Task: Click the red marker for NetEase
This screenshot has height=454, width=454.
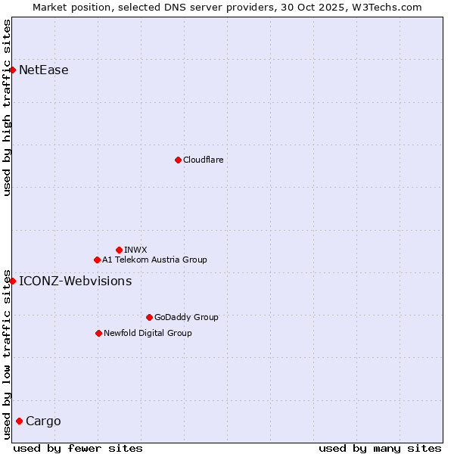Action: click(x=12, y=70)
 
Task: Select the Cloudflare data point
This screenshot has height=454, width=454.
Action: click(x=178, y=160)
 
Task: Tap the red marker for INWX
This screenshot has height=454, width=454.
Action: click(x=119, y=250)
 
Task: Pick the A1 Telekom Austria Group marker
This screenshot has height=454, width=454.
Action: click(x=97, y=260)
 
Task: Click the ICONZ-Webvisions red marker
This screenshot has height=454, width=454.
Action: click(x=12, y=281)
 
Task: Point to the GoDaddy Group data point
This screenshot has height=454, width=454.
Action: click(x=149, y=317)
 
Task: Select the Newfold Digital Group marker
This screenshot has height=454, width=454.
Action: click(x=98, y=333)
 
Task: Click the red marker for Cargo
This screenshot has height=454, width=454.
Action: click(x=19, y=421)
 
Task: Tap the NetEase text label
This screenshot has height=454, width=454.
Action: click(x=44, y=70)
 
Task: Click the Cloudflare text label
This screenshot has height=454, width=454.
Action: click(x=204, y=160)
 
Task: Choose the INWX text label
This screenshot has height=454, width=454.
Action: click(x=136, y=250)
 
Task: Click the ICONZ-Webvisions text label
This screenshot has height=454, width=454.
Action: click(x=76, y=281)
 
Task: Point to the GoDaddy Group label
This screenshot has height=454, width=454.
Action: click(x=186, y=317)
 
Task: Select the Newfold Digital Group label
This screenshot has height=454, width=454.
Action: click(x=148, y=333)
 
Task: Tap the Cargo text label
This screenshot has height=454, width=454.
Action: click(x=43, y=421)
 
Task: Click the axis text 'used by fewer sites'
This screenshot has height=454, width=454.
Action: click(x=78, y=448)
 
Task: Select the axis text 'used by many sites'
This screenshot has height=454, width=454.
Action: click(x=380, y=448)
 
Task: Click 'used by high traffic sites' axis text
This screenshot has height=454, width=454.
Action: click(x=8, y=107)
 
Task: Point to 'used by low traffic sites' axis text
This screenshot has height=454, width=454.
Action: click(x=8, y=354)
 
